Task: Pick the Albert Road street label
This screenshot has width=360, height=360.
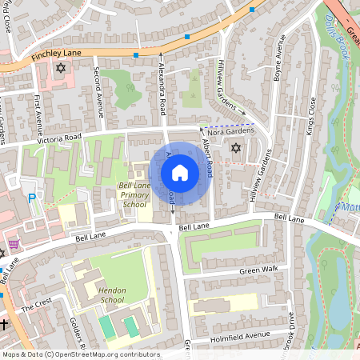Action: tap(206, 159)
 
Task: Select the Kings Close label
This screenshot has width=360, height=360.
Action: tap(310, 116)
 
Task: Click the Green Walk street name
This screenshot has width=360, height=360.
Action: tap(258, 270)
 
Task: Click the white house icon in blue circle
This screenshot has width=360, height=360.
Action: tap(180, 173)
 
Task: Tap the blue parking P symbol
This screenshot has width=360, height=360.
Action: tap(32, 198)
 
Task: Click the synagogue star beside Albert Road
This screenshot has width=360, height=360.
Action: tap(235, 148)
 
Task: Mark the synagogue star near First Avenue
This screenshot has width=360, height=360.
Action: tap(59, 69)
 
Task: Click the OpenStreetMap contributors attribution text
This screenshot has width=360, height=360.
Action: tap(80, 354)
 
